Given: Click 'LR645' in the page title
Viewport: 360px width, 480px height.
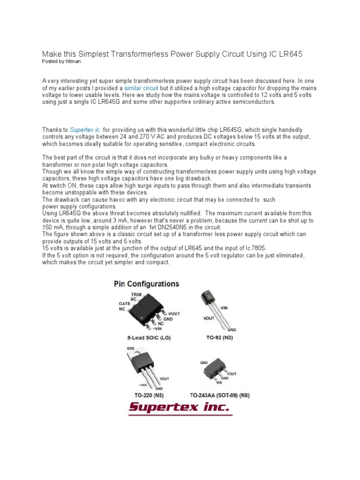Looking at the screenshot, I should [290, 54].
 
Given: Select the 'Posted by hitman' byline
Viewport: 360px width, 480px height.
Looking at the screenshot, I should [59, 61].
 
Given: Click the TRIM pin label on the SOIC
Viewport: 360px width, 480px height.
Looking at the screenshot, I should [136, 293].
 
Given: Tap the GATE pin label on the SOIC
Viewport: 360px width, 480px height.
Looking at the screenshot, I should [125, 303].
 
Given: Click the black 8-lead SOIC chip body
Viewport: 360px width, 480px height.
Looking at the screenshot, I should [148, 311].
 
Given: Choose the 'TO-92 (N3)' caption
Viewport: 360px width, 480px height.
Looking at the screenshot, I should [218, 337].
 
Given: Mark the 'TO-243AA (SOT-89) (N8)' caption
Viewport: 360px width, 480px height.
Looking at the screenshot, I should [218, 395].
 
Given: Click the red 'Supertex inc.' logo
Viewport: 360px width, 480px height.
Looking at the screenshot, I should [180, 407].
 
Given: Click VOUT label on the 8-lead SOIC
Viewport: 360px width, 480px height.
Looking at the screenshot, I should [174, 313].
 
